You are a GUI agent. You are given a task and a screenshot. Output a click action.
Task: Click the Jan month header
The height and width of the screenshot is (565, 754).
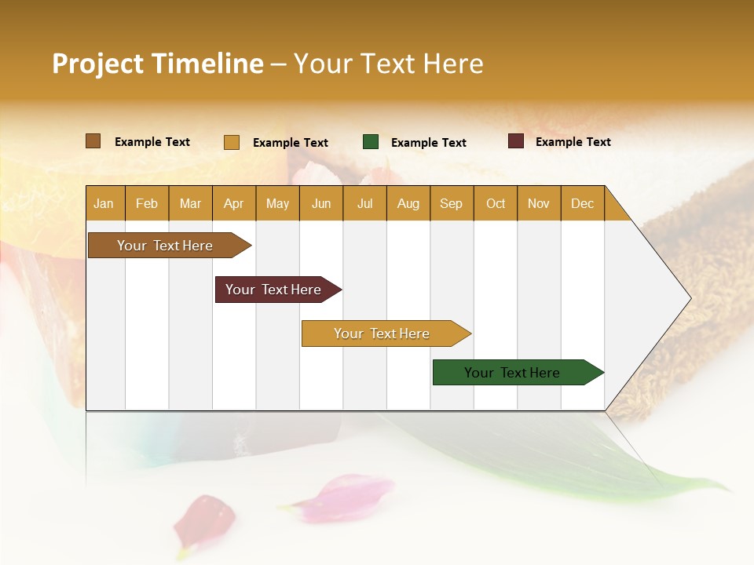(104, 203)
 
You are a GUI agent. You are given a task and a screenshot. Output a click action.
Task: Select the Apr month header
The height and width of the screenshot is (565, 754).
(233, 203)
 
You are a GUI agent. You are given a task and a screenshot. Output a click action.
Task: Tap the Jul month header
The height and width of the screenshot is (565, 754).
(364, 203)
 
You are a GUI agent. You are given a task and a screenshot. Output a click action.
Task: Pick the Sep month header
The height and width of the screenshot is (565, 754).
(451, 203)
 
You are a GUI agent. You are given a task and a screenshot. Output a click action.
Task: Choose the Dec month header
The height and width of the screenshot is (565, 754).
(582, 203)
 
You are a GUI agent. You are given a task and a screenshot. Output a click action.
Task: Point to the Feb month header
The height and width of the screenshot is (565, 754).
(147, 203)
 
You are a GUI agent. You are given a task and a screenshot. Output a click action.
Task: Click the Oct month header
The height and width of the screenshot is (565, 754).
(495, 203)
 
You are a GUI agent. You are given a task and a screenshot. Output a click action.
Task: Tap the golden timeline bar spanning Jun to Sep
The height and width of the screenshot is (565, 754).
(382, 334)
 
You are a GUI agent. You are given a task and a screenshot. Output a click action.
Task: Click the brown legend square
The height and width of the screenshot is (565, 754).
(93, 141)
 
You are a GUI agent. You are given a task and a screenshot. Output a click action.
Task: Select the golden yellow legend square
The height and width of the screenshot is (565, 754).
(231, 142)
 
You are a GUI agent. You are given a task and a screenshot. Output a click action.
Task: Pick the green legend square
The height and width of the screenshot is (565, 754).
(371, 142)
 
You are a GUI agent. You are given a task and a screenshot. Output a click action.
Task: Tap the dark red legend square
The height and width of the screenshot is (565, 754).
(515, 141)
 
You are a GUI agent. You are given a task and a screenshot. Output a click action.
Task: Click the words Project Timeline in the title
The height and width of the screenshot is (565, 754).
(158, 64)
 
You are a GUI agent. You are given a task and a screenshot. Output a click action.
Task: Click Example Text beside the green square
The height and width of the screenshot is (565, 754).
(428, 143)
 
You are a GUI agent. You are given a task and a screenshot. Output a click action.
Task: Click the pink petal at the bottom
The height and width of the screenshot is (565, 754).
(346, 498)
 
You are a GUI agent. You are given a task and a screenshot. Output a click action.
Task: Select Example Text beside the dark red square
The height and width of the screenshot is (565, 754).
(573, 142)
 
